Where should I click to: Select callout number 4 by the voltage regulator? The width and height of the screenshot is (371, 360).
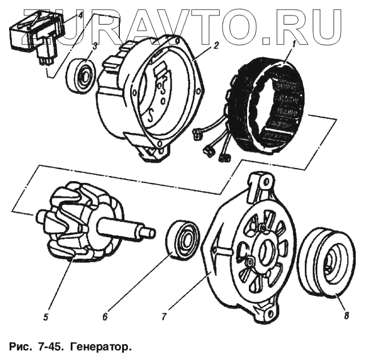80,15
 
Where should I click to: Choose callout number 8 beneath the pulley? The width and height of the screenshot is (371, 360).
347,314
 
